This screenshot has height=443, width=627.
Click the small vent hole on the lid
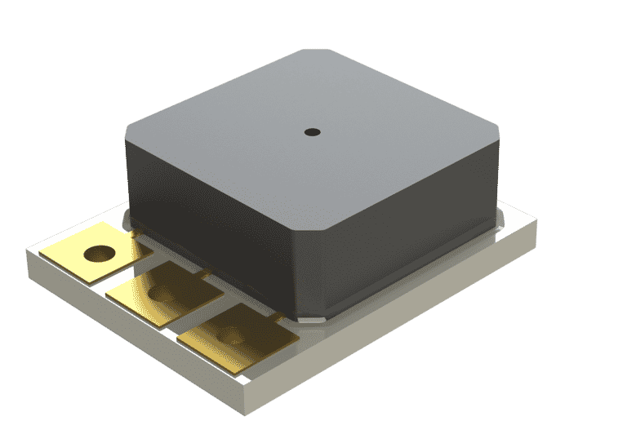[311, 131]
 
